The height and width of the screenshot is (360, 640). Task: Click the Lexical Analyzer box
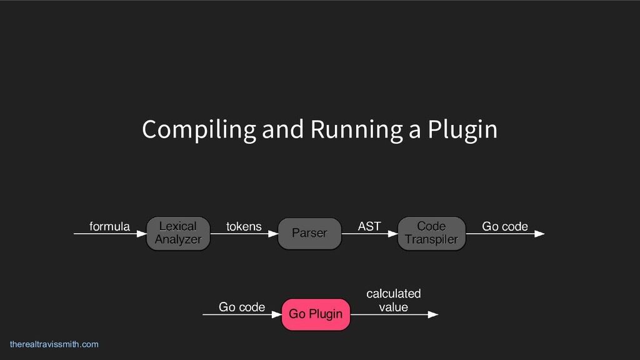click(178, 233)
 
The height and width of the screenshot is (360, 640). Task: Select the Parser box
click(309, 233)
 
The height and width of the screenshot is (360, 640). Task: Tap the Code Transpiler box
click(431, 233)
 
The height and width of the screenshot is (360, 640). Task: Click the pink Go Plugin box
click(316, 314)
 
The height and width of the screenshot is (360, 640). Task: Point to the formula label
click(110, 226)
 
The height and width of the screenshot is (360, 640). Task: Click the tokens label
click(244, 226)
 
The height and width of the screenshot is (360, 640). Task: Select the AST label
click(369, 226)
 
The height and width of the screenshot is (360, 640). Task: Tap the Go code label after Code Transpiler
click(505, 226)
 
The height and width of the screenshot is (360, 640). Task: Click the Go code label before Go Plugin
click(242, 307)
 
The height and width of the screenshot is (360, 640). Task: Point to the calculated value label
click(393, 300)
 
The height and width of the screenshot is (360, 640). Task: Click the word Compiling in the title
click(199, 130)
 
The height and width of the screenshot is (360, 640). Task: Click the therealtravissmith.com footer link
click(54, 344)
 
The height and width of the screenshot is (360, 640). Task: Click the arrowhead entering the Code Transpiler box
click(392, 234)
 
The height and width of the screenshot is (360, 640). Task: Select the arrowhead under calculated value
click(432, 314)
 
